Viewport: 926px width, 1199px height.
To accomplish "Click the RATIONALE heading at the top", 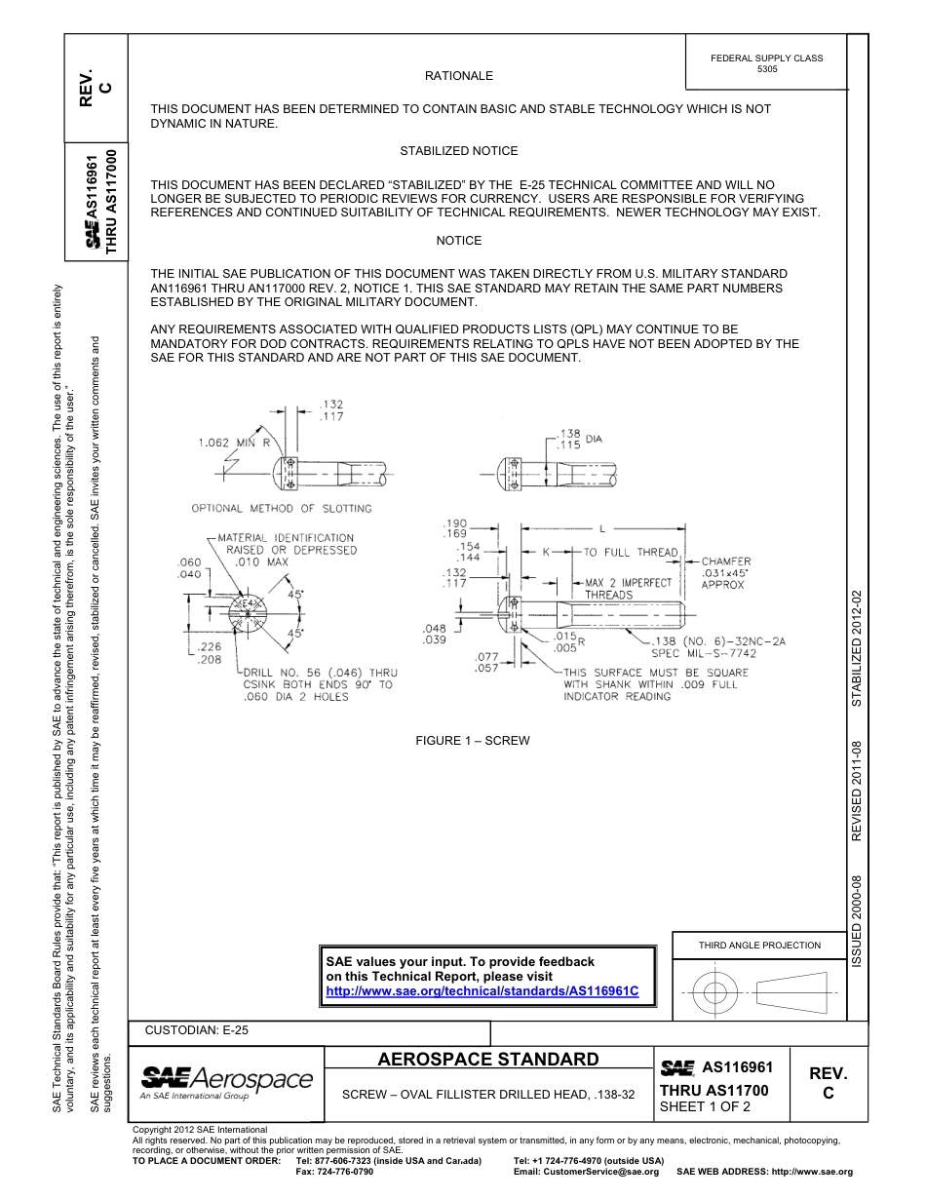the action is coord(458,76).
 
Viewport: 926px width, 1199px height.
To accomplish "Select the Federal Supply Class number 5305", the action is coord(767,69).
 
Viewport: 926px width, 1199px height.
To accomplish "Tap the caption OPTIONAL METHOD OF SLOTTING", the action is coord(281,508).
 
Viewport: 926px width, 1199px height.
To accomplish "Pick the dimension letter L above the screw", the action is coord(601,528).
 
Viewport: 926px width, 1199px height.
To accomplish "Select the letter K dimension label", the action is coord(547,552).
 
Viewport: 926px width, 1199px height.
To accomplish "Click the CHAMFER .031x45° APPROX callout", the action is coord(726,573).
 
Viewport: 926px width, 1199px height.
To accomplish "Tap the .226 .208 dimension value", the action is coord(209,653).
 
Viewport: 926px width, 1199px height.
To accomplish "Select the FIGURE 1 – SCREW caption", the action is coord(473,741).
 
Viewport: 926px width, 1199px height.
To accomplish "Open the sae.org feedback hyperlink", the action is coord(482,991).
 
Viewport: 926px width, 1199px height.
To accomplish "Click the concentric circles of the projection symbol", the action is coord(715,993).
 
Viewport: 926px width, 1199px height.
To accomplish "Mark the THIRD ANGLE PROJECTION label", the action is coord(759,945).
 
